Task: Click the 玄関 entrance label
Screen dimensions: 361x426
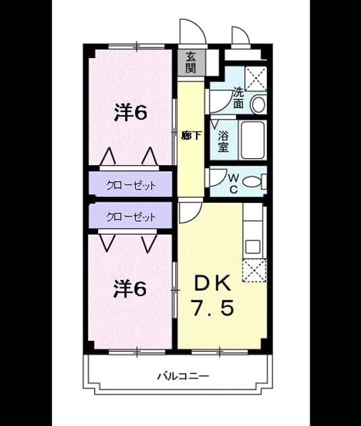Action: point(191,62)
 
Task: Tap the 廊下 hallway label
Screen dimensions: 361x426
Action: point(191,135)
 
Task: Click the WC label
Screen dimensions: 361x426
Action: point(234,184)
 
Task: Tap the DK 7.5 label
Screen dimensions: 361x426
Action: point(213,295)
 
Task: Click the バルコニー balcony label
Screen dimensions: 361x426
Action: point(184,376)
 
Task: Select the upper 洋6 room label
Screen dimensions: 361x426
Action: point(130,112)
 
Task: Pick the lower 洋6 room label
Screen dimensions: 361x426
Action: point(130,289)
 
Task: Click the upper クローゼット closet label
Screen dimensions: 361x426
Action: point(131,186)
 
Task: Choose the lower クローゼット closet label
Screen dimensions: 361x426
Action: point(131,217)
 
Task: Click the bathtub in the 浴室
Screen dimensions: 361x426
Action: point(253,140)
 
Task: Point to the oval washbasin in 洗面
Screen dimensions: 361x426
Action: point(258,104)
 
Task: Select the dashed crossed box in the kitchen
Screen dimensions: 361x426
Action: point(254,270)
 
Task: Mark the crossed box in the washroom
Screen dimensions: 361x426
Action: point(256,78)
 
